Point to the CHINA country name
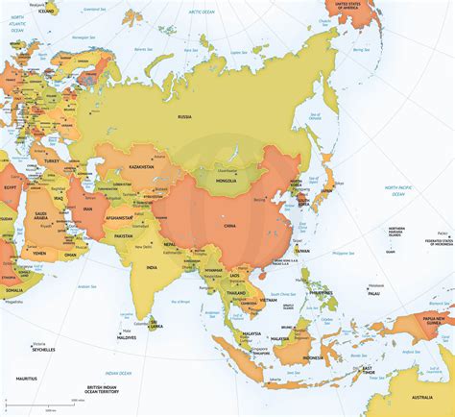click(x=257, y=228)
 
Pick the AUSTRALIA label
click(x=422, y=397)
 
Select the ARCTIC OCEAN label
click(x=202, y=11)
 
